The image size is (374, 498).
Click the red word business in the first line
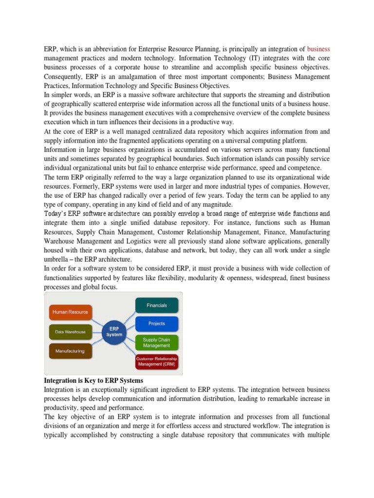318,49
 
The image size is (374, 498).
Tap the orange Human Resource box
70,312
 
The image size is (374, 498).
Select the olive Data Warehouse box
70,332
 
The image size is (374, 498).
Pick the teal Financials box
156,305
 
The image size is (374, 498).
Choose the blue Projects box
156,323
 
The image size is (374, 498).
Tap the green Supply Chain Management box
156,342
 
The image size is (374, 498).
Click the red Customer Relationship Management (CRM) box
156,361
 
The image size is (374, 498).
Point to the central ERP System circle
115,332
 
